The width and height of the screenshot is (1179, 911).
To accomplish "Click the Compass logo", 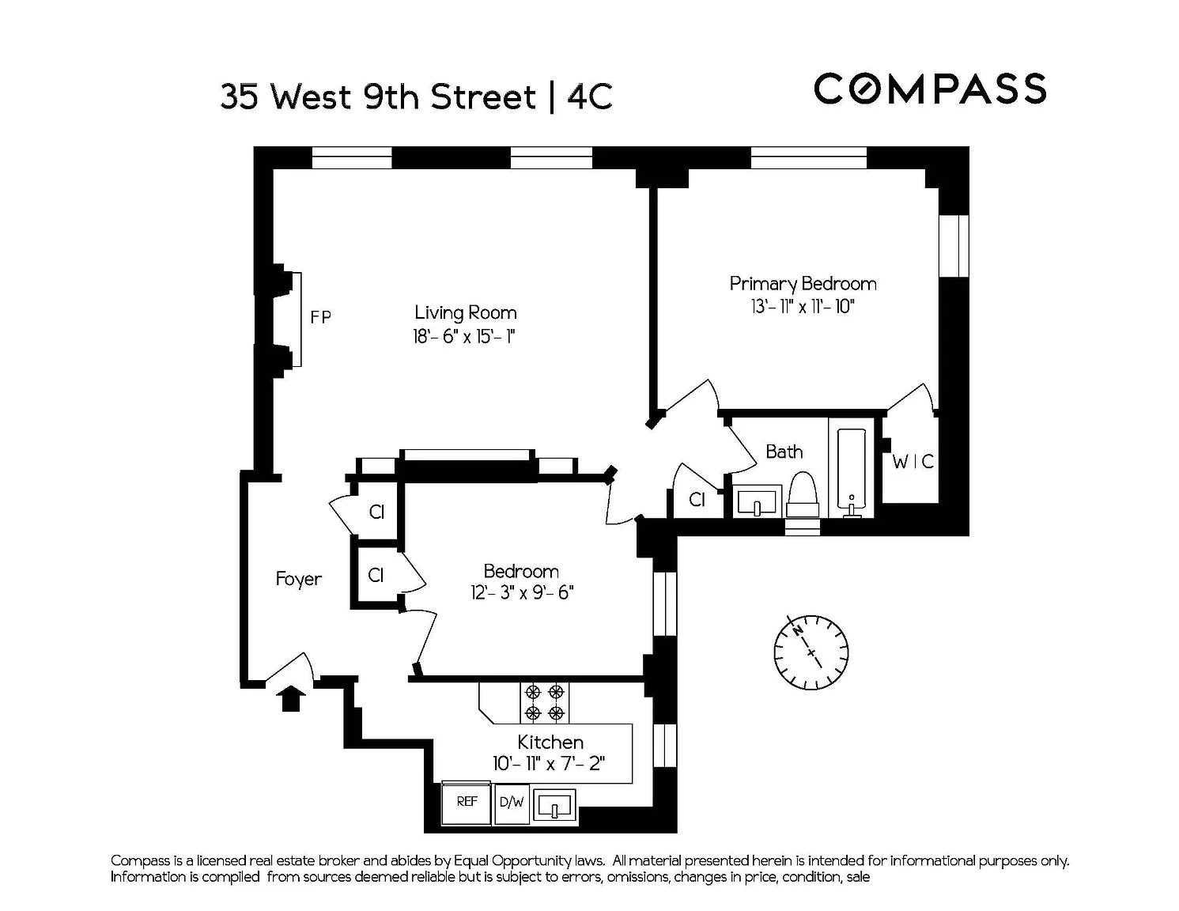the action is (929, 89).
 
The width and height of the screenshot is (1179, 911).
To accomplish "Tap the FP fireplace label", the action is (321, 317).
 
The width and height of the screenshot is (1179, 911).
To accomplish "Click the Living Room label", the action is (466, 312).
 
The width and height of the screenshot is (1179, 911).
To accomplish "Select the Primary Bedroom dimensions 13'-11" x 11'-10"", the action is (803, 307).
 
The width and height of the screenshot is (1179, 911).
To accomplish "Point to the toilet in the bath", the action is (803, 494).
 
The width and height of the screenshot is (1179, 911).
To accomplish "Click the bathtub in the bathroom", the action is (852, 473).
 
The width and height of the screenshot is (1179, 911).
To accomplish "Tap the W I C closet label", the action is (913, 462).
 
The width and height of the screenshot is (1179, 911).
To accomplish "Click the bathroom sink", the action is (758, 501).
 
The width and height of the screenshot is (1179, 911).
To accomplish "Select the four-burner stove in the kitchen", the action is (545, 703).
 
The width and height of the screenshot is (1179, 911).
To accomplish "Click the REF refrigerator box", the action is (467, 803).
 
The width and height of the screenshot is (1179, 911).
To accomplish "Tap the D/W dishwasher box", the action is (512, 804).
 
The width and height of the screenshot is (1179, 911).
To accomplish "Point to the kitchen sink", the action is (554, 805).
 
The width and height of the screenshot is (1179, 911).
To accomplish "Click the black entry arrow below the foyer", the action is (291, 698).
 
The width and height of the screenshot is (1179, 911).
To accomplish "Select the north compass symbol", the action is (811, 652).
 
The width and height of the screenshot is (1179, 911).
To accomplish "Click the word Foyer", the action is (298, 580).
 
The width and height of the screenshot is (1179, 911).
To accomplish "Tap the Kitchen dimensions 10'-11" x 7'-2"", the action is (549, 764).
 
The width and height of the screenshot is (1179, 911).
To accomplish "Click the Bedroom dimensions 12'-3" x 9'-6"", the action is (522, 592).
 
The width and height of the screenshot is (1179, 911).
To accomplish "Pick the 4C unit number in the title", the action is (590, 97).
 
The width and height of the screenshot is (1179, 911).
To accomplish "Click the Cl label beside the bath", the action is (697, 499).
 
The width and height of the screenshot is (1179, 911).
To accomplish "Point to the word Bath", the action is (784, 452).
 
